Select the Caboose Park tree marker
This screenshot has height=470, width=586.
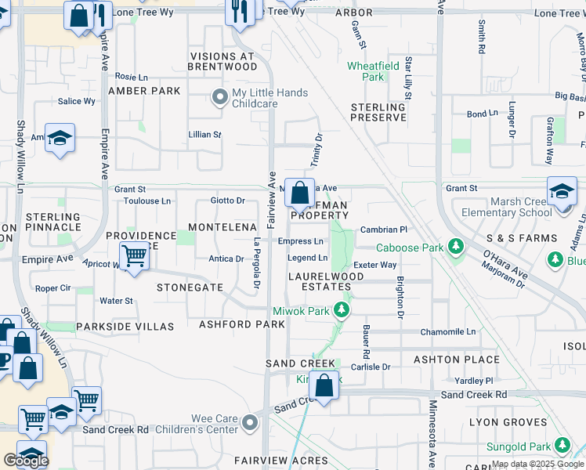click(x=454, y=248)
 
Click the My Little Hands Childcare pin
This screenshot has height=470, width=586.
click(x=220, y=97)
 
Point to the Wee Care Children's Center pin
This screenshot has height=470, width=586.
click(x=250, y=423)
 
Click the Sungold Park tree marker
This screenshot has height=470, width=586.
click(x=562, y=446)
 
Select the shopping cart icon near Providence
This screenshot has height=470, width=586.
click(x=135, y=255)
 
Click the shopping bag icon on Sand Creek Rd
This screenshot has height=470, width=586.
click(x=324, y=385)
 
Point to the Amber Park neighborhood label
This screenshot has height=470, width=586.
click(x=144, y=91)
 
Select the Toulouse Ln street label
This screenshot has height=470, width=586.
click(x=147, y=201)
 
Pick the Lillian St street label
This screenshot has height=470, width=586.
click(x=205, y=135)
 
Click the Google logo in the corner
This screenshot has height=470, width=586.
click(x=26, y=460)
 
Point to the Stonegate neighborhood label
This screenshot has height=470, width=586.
click(x=190, y=287)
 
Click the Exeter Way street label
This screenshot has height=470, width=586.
click(x=374, y=266)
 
